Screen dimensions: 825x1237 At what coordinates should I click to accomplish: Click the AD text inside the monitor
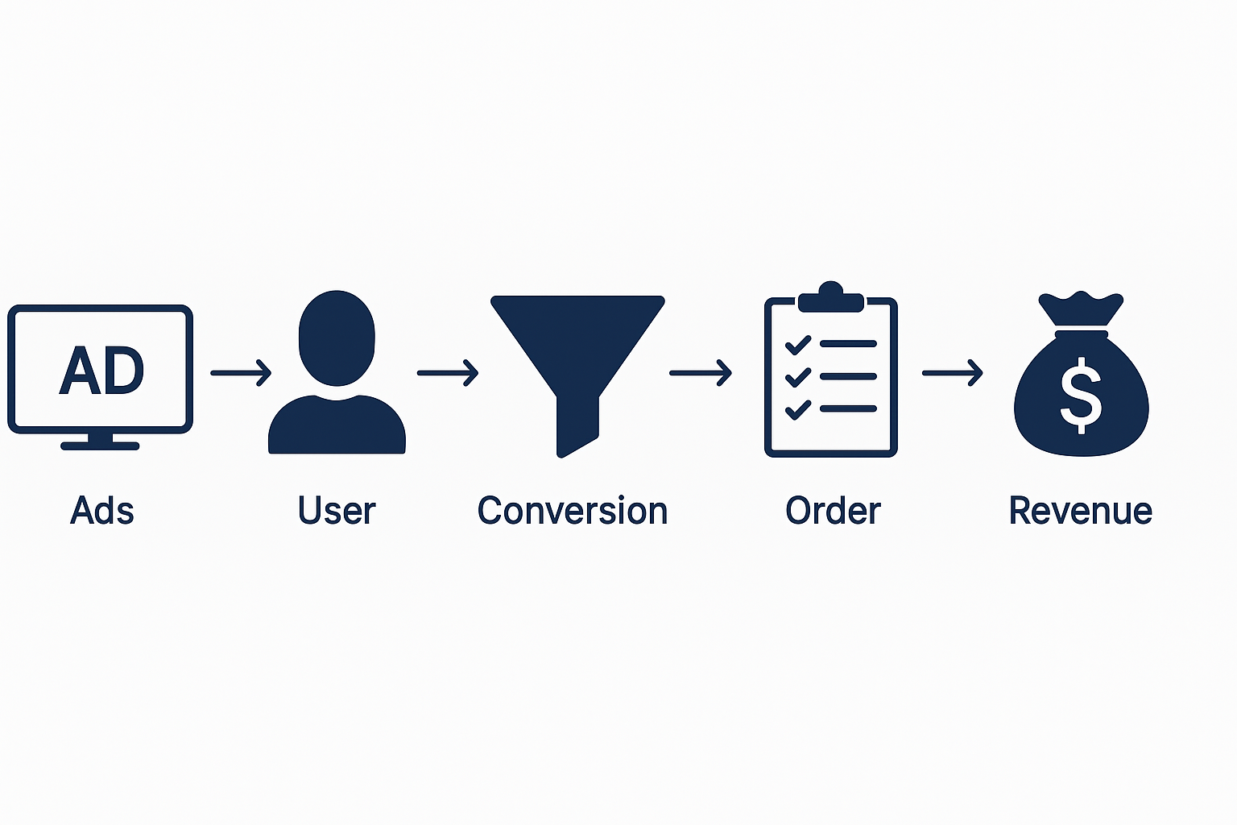pyautogui.click(x=101, y=371)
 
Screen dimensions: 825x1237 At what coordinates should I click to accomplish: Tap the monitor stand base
pyautogui.click(x=100, y=445)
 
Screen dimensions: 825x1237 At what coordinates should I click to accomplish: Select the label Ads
pyautogui.click(x=102, y=511)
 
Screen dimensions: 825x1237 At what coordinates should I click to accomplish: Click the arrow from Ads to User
pyautogui.click(x=241, y=372)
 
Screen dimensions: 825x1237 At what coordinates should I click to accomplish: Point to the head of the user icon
pyautogui.click(x=337, y=338)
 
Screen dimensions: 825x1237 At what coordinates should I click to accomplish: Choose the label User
pyautogui.click(x=337, y=511)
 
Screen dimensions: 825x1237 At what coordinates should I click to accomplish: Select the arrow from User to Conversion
pyautogui.click(x=448, y=372)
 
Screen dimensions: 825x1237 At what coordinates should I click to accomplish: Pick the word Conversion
pyautogui.click(x=573, y=511)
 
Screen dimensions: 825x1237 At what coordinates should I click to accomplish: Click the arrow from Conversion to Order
pyautogui.click(x=700, y=372)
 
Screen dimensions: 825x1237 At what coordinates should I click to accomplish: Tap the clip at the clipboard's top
pyautogui.click(x=830, y=298)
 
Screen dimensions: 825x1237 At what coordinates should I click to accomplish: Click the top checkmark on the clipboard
pyautogui.click(x=798, y=345)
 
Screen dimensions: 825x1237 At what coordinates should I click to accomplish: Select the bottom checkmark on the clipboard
pyautogui.click(x=798, y=409)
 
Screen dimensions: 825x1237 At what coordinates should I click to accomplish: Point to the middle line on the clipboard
pyautogui.click(x=848, y=376)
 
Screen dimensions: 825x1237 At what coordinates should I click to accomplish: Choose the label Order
pyautogui.click(x=833, y=511)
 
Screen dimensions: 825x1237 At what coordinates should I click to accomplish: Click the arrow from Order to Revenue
pyautogui.click(x=952, y=372)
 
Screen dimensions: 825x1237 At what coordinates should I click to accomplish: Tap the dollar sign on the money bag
pyautogui.click(x=1081, y=395)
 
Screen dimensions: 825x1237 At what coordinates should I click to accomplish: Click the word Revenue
pyautogui.click(x=1080, y=511)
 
